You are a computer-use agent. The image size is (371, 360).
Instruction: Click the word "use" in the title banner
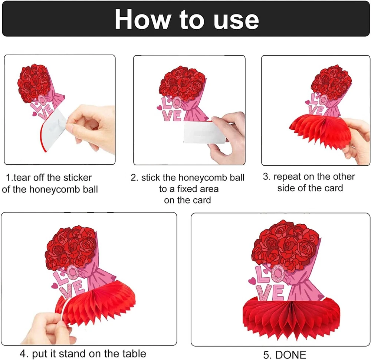tap(236, 20)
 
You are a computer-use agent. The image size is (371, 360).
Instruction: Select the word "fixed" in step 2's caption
tap(187, 189)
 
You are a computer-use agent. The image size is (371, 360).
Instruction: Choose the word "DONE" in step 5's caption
tap(291, 355)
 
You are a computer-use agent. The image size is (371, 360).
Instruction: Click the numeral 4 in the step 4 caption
tap(23, 354)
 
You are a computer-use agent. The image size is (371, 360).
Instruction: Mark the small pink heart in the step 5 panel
tap(252, 281)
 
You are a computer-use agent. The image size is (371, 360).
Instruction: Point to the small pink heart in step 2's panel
tap(160, 108)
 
